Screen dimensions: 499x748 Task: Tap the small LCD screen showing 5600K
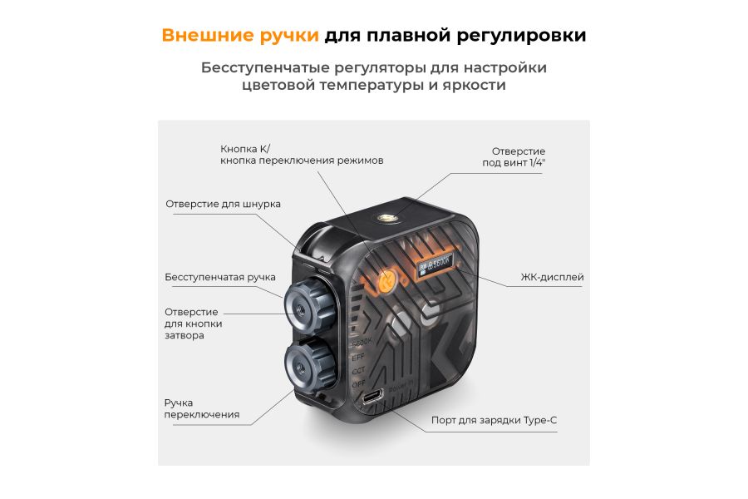coord(435,268)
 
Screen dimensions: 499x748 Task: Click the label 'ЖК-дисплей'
coord(552,277)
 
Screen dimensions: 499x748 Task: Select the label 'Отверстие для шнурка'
coord(223,204)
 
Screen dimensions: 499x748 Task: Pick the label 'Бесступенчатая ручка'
coord(220,277)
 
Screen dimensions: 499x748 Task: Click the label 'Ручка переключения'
coord(202,408)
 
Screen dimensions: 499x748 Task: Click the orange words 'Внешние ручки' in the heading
coord(240,36)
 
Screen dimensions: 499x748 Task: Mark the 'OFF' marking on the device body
coord(358,385)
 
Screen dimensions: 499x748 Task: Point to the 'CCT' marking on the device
coord(358,371)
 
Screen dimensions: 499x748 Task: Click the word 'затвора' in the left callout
coord(184,335)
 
